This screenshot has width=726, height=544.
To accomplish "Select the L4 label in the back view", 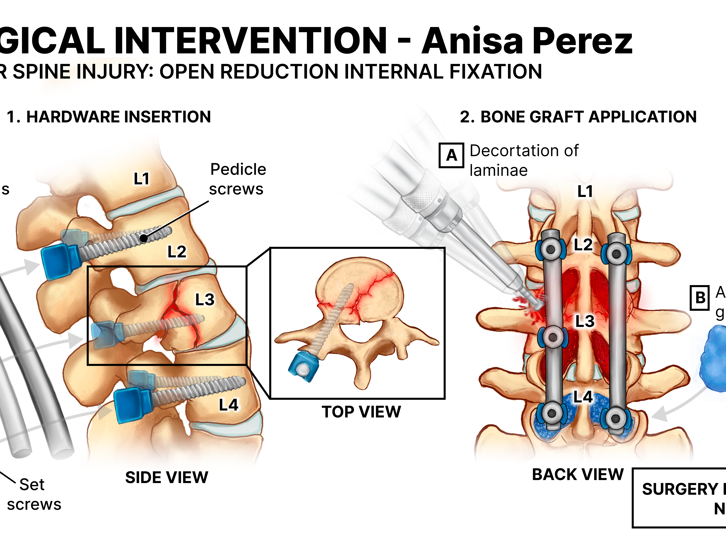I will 583,397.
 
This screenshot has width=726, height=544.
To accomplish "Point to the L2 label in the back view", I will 583,245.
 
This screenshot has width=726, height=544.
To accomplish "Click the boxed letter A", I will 451,155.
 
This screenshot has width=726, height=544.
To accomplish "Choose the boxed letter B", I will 700,298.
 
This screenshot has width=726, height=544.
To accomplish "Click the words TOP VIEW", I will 361,412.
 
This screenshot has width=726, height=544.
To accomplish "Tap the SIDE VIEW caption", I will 167,477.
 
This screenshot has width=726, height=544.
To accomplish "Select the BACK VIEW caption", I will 578,474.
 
